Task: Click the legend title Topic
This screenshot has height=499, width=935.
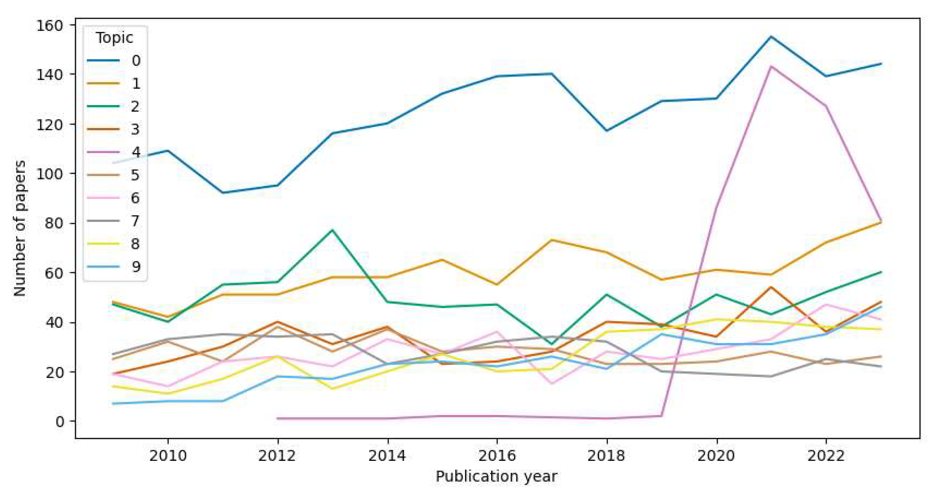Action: pos(114,38)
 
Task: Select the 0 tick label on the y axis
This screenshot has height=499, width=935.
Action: pos(60,421)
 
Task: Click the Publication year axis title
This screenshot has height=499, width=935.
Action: pos(496,476)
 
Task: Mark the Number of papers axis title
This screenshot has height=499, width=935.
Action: pos(20,228)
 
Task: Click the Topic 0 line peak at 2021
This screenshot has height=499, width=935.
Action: pos(771,36)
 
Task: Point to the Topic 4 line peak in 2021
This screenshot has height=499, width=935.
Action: pos(771,67)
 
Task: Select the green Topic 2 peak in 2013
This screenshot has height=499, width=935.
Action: pos(332,230)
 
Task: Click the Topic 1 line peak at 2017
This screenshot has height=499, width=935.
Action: pos(552,240)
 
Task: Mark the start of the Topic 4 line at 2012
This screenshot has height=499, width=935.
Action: pos(278,418)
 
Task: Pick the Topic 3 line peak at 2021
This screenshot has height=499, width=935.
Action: pos(771,287)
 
